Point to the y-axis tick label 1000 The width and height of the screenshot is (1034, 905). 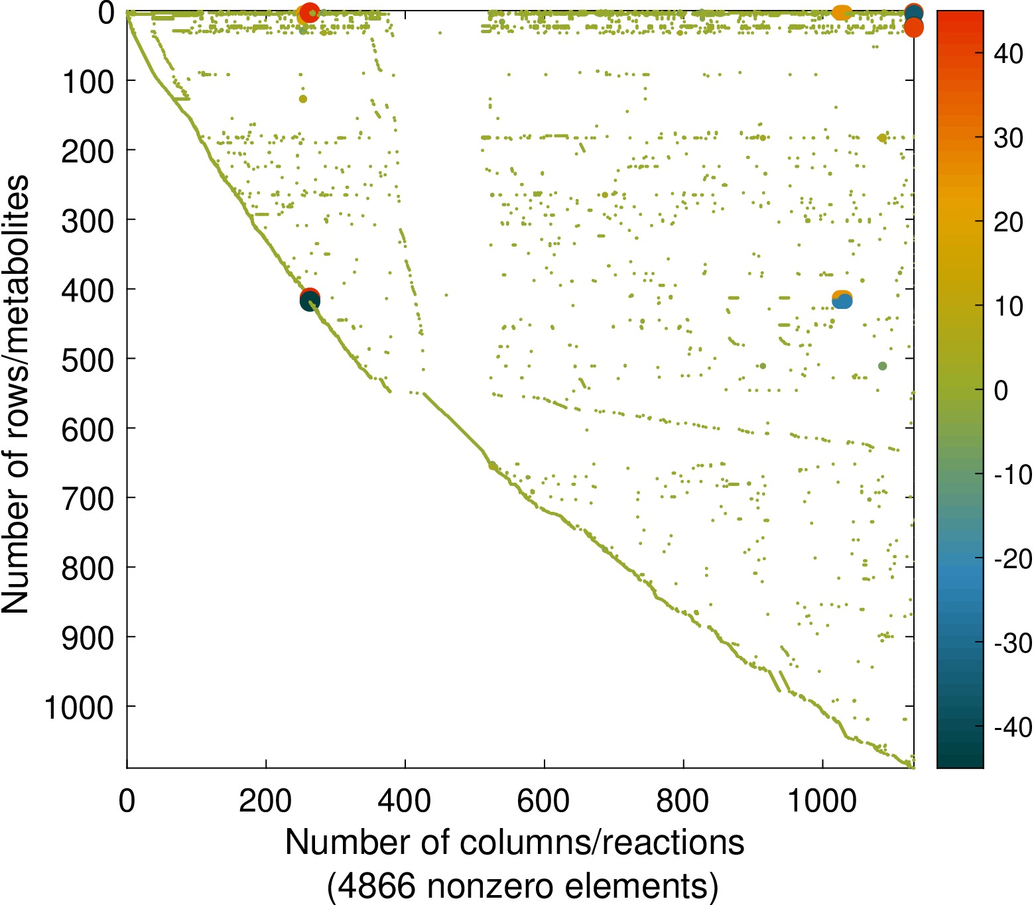tap(78, 708)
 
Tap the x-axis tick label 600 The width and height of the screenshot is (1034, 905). tap(543, 801)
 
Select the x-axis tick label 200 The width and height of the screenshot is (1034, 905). tap(265, 801)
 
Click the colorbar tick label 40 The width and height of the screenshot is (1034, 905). tap(1008, 54)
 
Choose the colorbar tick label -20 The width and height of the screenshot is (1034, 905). tap(1012, 559)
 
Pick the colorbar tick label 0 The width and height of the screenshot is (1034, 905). tap(1001, 391)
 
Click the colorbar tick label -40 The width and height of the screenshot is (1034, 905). tap(1012, 727)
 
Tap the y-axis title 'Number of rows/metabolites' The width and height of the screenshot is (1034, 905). tap(16, 394)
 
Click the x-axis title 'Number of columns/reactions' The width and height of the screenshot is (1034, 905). tap(515, 843)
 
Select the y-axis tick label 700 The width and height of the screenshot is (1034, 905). tap(88, 499)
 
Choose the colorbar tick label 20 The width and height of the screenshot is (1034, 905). tap(1008, 222)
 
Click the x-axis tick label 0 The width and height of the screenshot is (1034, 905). tap(127, 801)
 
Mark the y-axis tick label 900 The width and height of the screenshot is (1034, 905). tap(88, 638)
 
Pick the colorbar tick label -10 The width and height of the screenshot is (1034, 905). tap(1012, 475)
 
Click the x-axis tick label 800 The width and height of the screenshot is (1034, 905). tap(682, 801)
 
